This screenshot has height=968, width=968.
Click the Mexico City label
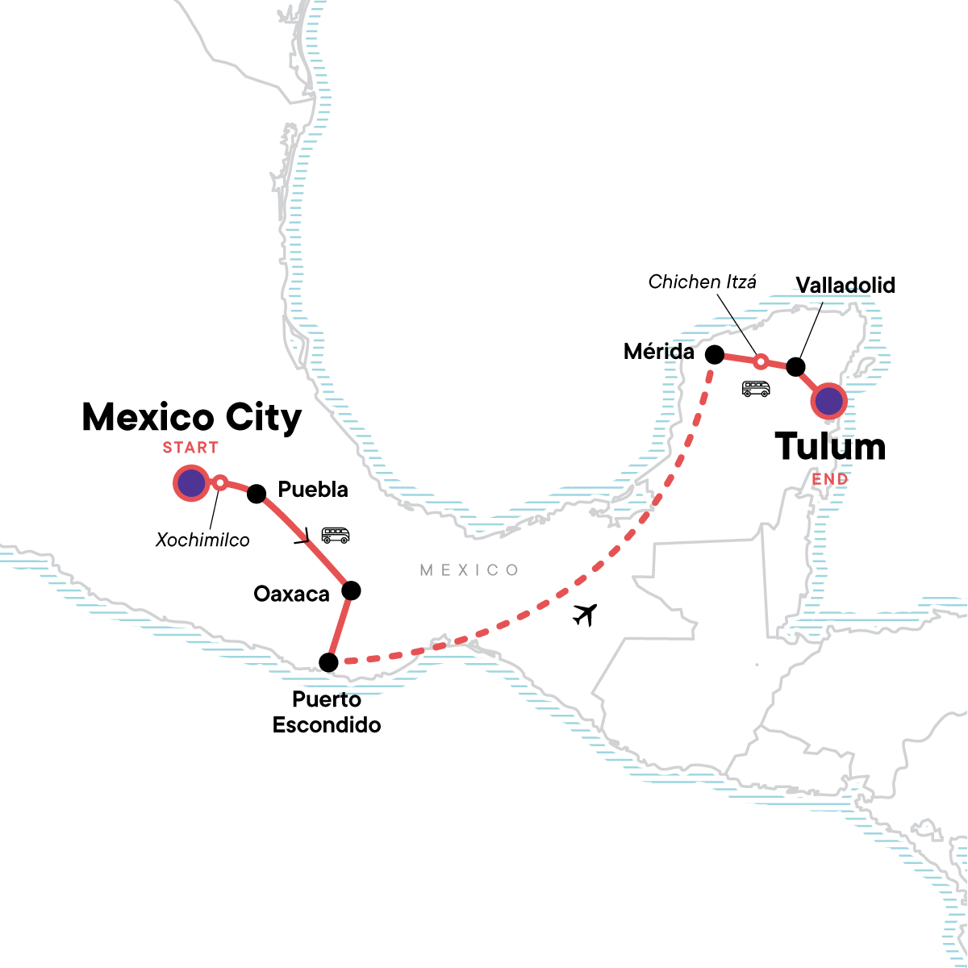coord(192,418)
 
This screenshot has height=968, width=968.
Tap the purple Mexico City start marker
coord(191,483)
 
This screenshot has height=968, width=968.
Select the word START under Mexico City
coord(190,448)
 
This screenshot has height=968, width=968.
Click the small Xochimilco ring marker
coord(219,483)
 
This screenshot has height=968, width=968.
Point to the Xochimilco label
coord(202,539)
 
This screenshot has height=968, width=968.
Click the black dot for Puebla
coord(257,494)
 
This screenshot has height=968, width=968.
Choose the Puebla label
coord(312,490)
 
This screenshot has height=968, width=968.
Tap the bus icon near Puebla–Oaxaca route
coord(335,535)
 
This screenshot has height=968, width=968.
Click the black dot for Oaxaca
coord(351,590)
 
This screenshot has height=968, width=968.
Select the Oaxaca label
coord(291,595)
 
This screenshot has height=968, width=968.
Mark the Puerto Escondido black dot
coord(328,662)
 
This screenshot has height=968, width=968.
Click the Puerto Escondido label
coord(327,712)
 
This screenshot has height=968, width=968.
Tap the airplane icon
coord(587,615)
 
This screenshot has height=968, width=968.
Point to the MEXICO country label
coord(469,570)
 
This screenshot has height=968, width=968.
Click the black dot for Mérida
coord(714,353)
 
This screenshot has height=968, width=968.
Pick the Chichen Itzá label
coord(703,282)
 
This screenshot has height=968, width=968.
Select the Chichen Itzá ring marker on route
coord(760,361)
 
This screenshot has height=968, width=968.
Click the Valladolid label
coord(845,285)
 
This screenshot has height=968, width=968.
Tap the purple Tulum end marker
coord(829,400)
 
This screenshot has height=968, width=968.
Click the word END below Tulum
coord(830,479)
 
